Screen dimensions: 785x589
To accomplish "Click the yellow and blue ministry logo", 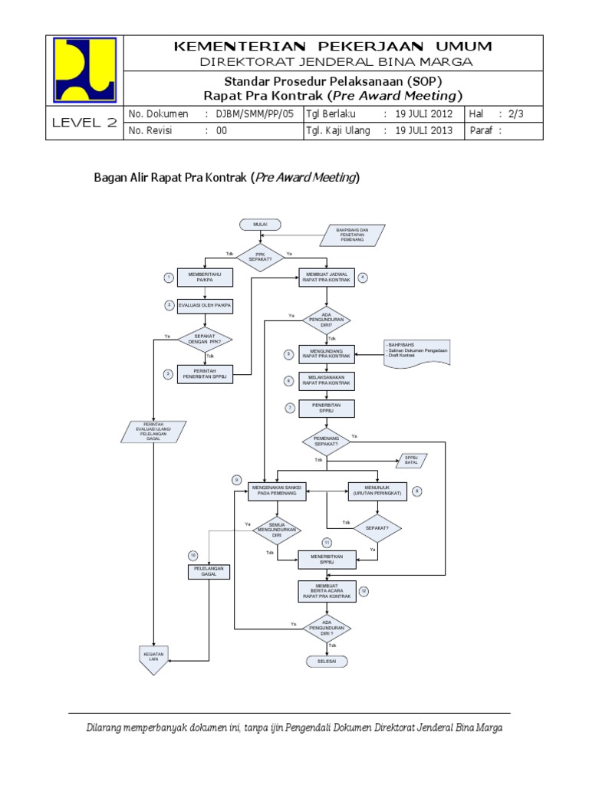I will click(85, 70).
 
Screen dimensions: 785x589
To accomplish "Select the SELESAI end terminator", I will click(327, 661).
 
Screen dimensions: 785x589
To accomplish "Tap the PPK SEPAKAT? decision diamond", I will click(259, 257).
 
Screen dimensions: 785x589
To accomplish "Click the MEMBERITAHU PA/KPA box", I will click(204, 278).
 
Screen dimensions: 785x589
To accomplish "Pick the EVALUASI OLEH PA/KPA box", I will click(204, 306).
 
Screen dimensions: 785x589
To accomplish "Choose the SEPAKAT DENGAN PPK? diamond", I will click(204, 338).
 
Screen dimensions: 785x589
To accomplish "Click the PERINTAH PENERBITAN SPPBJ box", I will click(204, 373).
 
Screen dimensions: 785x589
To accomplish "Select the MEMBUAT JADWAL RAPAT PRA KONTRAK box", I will click(327, 278).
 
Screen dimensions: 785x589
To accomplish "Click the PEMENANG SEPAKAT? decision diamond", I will click(327, 441).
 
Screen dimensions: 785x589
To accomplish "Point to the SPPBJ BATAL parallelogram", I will click(411, 461).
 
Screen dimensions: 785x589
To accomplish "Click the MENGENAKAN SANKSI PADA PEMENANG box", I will click(277, 491).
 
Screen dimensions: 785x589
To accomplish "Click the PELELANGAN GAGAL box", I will click(209, 571).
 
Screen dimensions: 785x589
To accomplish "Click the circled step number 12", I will click(364, 591).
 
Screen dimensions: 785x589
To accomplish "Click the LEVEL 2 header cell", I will click(85, 123).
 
